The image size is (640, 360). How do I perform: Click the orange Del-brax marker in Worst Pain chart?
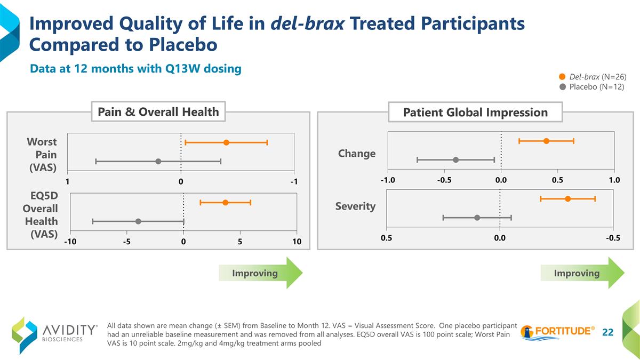pos(226,142)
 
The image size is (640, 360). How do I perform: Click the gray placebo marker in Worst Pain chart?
pos(158,161)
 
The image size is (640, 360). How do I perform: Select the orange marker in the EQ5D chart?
pos(226,203)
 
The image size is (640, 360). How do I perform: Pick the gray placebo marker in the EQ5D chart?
pos(138,221)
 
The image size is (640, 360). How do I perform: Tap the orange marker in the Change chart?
pos(546,141)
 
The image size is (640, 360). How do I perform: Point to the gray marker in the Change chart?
pos(455,159)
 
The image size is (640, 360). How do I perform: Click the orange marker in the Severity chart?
pos(567,198)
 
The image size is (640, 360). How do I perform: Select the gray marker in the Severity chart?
pos(477,217)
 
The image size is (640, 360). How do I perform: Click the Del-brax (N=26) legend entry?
pos(592,77)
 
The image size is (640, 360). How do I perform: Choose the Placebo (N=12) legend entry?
pos(592,86)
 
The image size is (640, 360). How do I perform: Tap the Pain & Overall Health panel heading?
pos(158,112)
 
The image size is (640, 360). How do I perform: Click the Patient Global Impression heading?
pos(475,113)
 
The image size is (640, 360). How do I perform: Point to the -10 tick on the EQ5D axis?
pos(70,242)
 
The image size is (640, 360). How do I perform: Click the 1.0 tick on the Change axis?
pos(614,180)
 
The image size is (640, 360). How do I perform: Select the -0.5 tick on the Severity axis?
pos(613,238)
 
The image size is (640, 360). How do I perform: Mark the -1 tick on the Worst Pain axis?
pos(294,182)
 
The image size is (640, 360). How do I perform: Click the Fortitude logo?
pos(557,331)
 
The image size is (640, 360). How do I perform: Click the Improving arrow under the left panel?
pos(260,273)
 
